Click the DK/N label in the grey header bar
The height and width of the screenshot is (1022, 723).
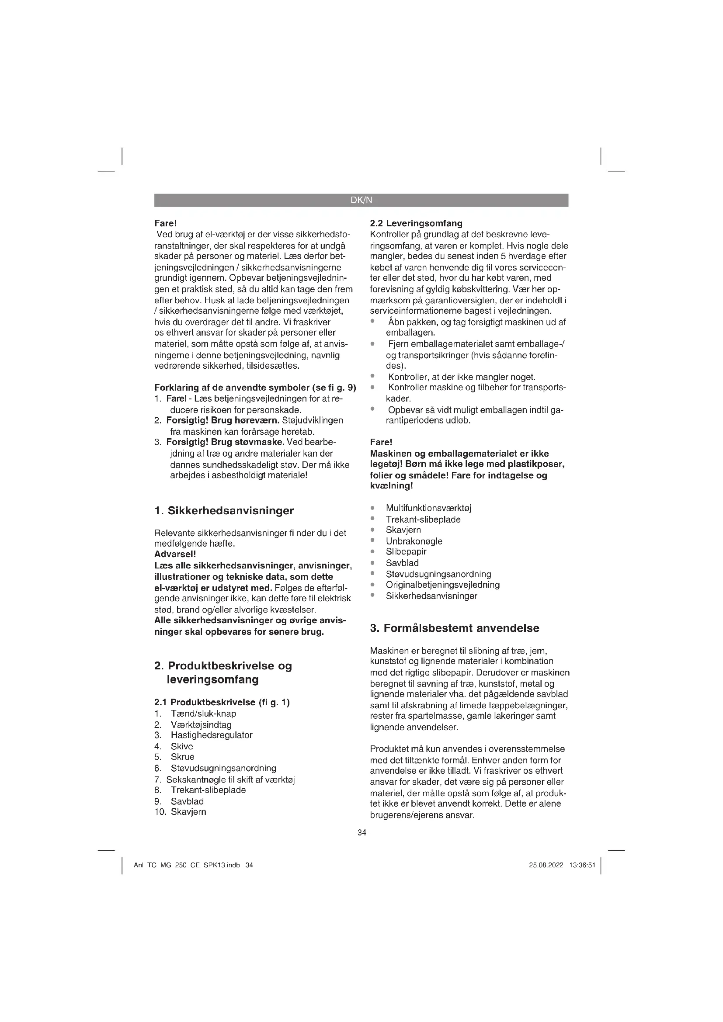pyautogui.click(x=361, y=200)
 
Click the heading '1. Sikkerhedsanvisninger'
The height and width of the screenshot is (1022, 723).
pyautogui.click(x=224, y=510)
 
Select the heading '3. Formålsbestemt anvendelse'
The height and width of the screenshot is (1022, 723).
pyautogui.click(x=455, y=628)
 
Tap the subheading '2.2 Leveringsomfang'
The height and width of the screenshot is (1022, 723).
pyautogui.click(x=416, y=223)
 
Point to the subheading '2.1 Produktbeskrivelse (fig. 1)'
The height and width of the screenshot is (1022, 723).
pyautogui.click(x=222, y=703)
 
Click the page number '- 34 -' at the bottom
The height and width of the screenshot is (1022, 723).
pyautogui.click(x=361, y=832)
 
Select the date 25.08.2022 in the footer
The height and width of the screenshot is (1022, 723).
pyautogui.click(x=546, y=865)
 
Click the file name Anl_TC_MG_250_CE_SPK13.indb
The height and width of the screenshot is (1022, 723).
pyautogui.click(x=187, y=865)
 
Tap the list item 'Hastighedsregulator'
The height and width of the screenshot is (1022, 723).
pyautogui.click(x=212, y=735)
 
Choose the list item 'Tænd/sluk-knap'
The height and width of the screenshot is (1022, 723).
pyautogui.click(x=203, y=714)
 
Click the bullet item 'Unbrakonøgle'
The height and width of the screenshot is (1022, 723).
pyautogui.click(x=414, y=541)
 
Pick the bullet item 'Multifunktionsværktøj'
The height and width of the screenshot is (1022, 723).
pyautogui.click(x=428, y=508)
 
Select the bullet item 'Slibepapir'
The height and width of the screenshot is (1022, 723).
pyautogui.click(x=406, y=552)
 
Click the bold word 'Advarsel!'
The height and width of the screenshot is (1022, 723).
pyautogui.click(x=175, y=554)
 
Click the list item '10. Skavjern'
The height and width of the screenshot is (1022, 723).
pyautogui.click(x=180, y=812)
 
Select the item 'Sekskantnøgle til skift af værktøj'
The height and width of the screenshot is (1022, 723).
pyautogui.click(x=231, y=779)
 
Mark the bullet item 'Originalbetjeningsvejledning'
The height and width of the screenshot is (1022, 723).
pyautogui.click(x=442, y=585)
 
